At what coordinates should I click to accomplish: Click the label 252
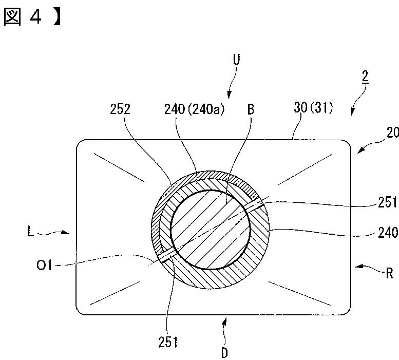[x=120, y=109]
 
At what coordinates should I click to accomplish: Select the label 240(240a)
[x=195, y=109]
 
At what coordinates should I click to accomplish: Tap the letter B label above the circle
[x=251, y=109]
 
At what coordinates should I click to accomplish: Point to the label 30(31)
[x=313, y=108]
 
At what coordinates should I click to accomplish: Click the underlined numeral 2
[x=365, y=77]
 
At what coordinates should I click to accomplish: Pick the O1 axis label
[x=44, y=266]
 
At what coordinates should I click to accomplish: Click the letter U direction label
[x=236, y=60]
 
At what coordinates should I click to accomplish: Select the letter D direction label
[x=224, y=353]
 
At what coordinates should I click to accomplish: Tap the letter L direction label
[x=30, y=232]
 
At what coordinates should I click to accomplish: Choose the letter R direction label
[x=389, y=273]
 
